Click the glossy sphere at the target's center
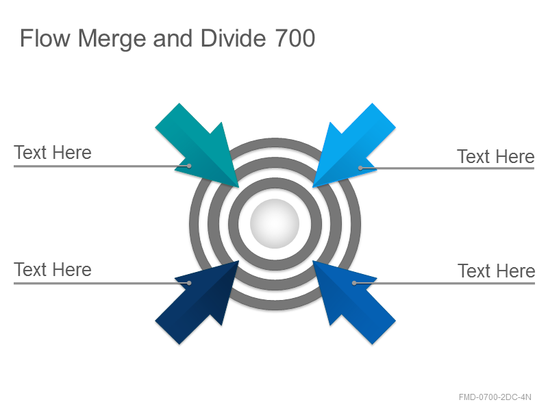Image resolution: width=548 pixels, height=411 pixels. pyautogui.click(x=275, y=224)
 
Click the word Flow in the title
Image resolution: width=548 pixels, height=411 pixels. pyautogui.click(x=45, y=38)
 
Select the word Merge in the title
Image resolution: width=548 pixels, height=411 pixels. pyautogui.click(x=112, y=39)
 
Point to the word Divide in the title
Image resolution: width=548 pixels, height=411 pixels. pyautogui.click(x=233, y=38)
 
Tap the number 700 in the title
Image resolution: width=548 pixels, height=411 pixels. pyautogui.click(x=295, y=38)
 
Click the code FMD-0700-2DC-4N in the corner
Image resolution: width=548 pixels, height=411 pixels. pyautogui.click(x=495, y=397)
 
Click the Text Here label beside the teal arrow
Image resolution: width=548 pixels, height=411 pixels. pyautogui.click(x=53, y=153)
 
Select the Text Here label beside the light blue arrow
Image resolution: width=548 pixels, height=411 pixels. pyautogui.click(x=496, y=156)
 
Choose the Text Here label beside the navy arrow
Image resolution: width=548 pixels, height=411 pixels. pyautogui.click(x=53, y=270)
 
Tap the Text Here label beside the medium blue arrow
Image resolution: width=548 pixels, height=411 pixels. pyautogui.click(x=497, y=271)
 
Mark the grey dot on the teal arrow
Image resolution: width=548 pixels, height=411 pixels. pyautogui.click(x=189, y=166)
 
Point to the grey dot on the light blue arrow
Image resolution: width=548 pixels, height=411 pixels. pyautogui.click(x=360, y=168)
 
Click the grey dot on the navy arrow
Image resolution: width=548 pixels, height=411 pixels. pyautogui.click(x=189, y=283)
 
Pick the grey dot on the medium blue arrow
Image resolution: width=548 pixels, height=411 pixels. pyautogui.click(x=354, y=283)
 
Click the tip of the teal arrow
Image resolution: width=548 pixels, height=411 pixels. pyautogui.click(x=238, y=187)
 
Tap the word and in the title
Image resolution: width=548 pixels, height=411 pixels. pyautogui.click(x=173, y=38)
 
